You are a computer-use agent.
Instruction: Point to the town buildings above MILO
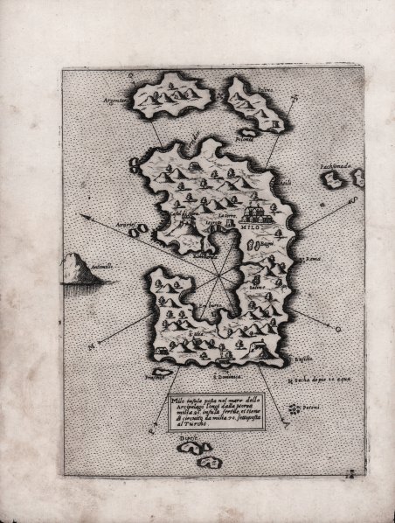point(253,211)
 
